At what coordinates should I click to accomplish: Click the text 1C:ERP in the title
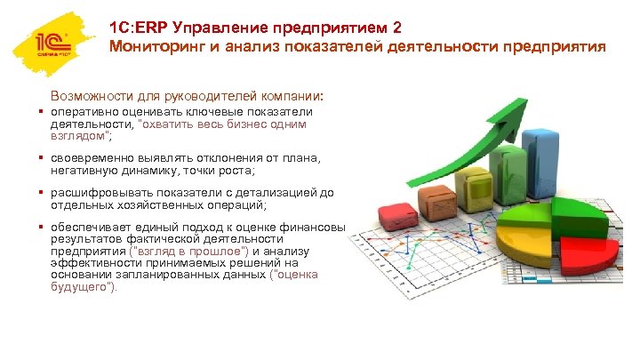pyautogui.click(x=142, y=27)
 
